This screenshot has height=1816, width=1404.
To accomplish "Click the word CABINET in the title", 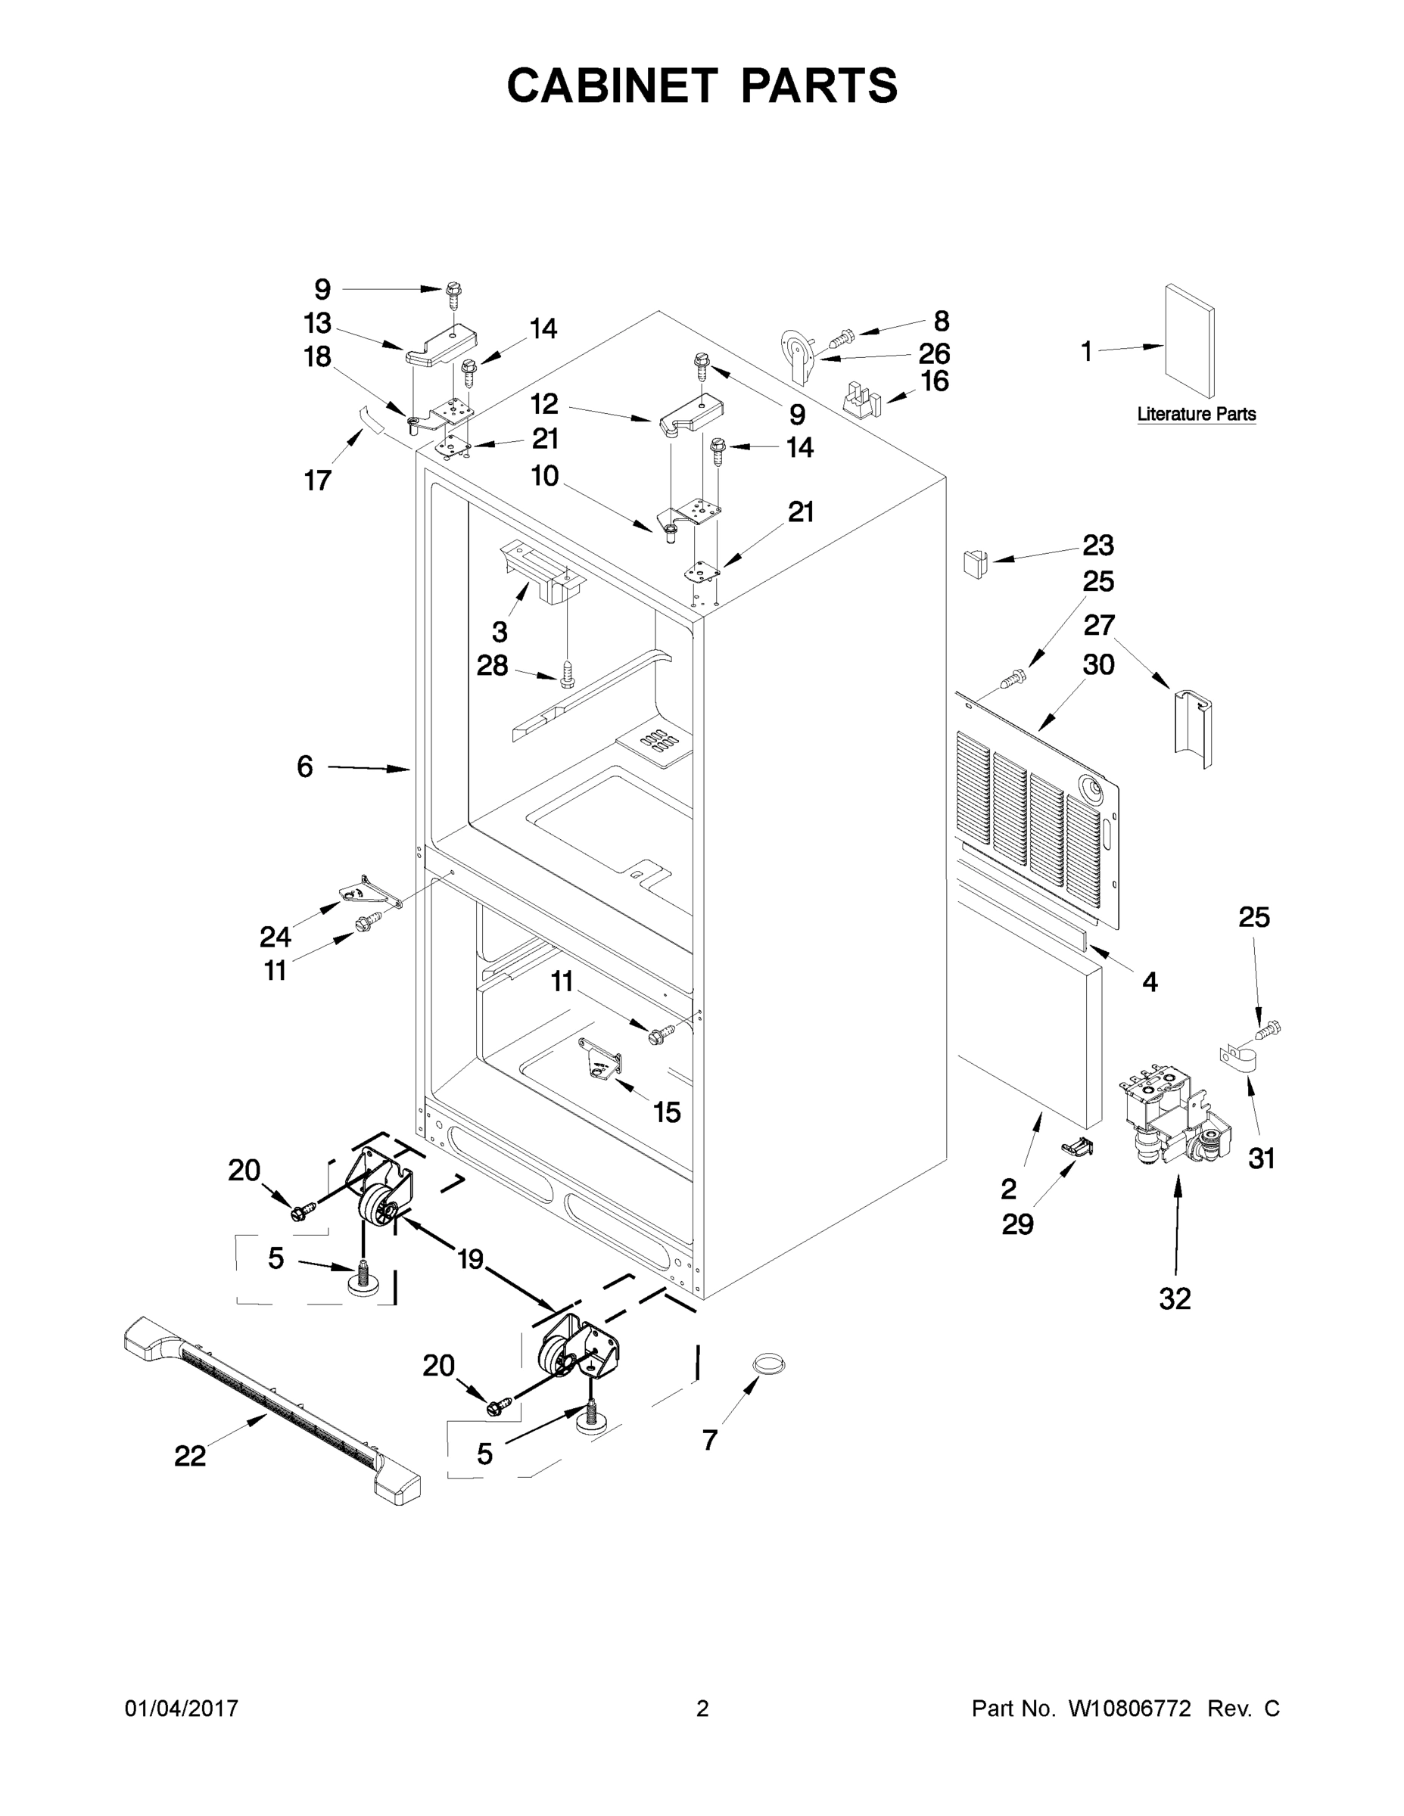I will click(612, 86).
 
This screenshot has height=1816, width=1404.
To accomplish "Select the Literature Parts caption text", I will click(1196, 414).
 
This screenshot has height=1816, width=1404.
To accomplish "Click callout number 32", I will click(1175, 1297).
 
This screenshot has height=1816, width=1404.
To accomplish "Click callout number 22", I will click(190, 1455).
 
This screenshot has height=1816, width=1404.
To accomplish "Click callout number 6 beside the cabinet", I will click(305, 767).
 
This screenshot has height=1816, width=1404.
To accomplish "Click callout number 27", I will click(1098, 624).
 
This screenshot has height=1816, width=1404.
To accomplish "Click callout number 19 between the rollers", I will click(471, 1259).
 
